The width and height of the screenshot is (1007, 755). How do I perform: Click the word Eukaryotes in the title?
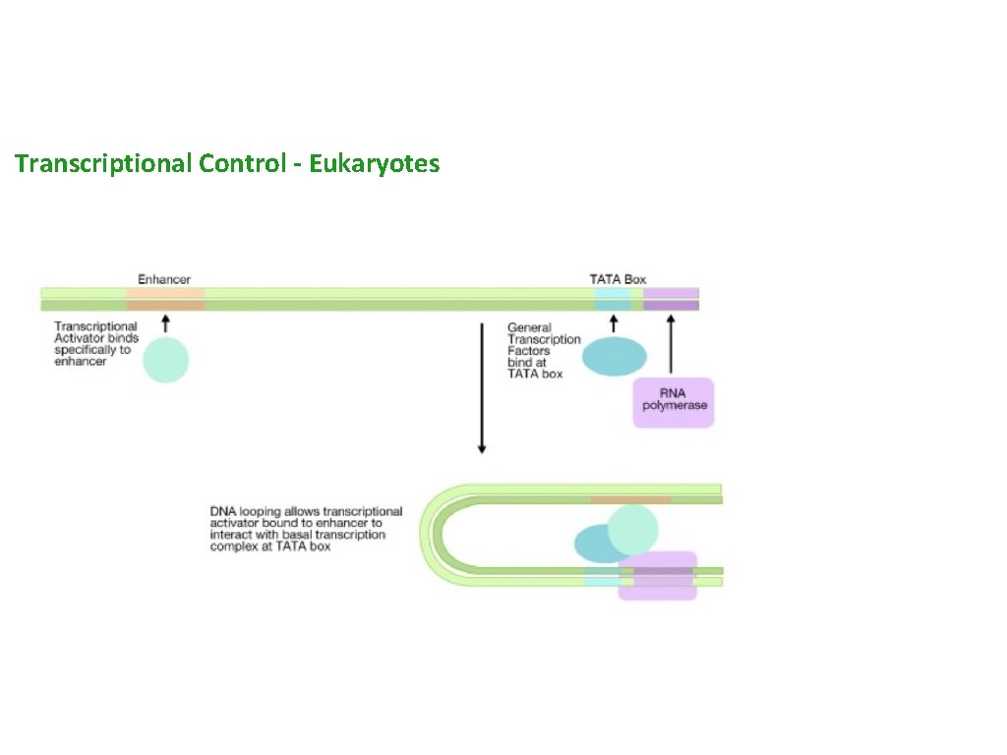[x=374, y=163]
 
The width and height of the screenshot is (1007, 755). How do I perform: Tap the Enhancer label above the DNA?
[x=164, y=279]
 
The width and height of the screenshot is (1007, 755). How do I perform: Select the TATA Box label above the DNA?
[x=618, y=279]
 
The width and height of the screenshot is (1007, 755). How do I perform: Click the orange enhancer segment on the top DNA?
[x=165, y=299]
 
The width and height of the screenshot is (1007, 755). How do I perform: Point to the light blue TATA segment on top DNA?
[x=612, y=299]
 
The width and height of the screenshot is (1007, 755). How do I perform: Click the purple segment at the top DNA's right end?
[x=671, y=299]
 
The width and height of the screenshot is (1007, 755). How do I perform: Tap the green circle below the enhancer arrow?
[x=165, y=360]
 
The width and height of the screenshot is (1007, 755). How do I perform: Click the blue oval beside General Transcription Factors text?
[x=614, y=358]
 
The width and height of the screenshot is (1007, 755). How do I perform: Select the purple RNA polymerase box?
[x=673, y=403]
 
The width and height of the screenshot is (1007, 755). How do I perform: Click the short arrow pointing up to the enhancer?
[x=165, y=323]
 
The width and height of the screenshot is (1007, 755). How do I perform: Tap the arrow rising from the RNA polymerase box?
[x=671, y=344]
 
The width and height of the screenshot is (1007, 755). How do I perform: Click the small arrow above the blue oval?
[x=614, y=323]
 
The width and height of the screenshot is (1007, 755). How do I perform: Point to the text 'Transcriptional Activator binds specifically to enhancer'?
[x=95, y=344]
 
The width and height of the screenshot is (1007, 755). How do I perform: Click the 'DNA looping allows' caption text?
[x=306, y=529]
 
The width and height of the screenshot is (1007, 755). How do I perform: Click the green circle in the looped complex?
[x=632, y=528]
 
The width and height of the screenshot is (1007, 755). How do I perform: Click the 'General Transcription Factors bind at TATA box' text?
[x=543, y=351]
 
